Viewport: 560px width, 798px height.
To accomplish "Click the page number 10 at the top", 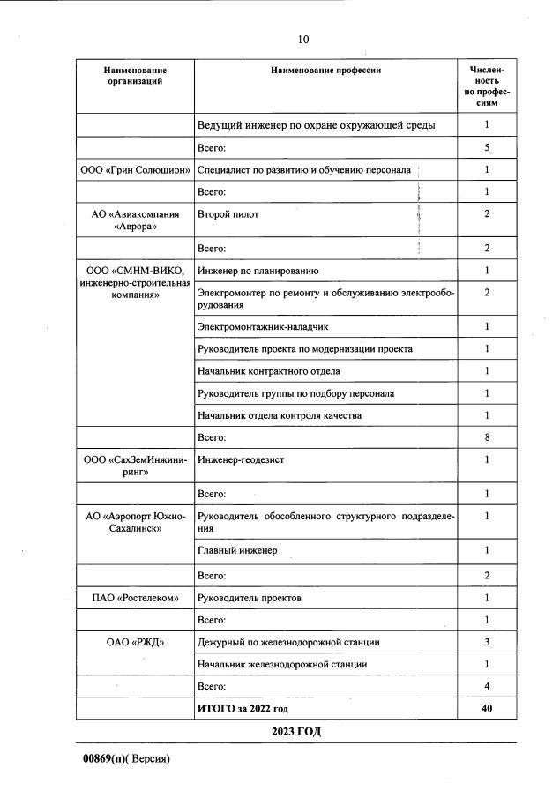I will click(x=303, y=39).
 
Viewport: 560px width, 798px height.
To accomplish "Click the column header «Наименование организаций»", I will click(x=135, y=75).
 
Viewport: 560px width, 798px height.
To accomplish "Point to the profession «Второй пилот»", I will click(x=228, y=214).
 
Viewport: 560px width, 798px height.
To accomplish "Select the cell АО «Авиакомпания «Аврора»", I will click(x=135, y=220).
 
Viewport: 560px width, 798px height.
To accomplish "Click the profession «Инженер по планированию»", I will click(x=258, y=271).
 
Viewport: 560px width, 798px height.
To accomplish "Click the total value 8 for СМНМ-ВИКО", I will click(x=487, y=437).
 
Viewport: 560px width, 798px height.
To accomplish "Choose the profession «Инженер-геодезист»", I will click(x=241, y=459).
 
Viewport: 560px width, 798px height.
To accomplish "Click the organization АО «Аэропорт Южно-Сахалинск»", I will click(x=135, y=523).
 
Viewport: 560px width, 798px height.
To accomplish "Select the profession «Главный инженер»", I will click(x=237, y=551).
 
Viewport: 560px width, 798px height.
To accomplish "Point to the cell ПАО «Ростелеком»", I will click(x=135, y=599).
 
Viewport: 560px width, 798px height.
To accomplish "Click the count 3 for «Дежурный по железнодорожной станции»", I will click(x=487, y=642).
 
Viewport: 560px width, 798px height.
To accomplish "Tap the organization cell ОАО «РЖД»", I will click(x=135, y=642).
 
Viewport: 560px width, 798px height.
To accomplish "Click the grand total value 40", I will click(x=487, y=708).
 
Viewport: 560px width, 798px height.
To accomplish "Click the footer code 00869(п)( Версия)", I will click(x=126, y=758).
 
